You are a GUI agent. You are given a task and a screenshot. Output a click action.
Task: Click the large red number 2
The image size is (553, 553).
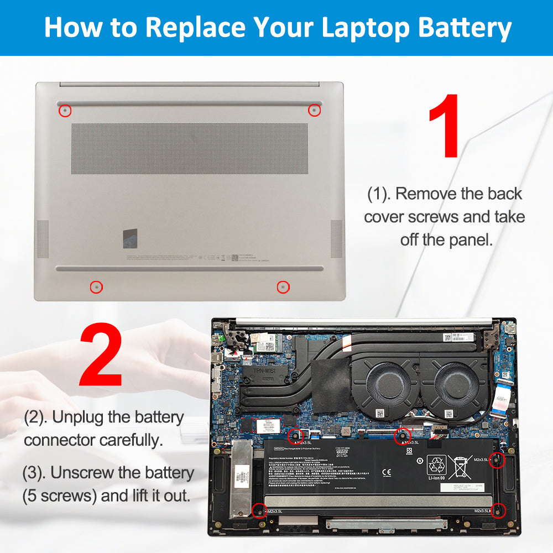pyautogui.click(x=101, y=356)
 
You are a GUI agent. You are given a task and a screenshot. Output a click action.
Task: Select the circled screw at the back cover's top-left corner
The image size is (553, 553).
pyautogui.click(x=65, y=111)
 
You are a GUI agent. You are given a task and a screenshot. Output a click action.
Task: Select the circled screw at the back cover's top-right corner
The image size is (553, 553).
pyautogui.click(x=314, y=110)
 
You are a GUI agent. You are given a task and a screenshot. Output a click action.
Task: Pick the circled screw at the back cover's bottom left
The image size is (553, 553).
pyautogui.click(x=96, y=287)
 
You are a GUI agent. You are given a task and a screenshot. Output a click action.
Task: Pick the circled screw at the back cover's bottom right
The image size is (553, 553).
pyautogui.click(x=283, y=287)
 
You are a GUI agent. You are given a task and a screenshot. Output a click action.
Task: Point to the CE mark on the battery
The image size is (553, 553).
pyautogui.click(x=386, y=472)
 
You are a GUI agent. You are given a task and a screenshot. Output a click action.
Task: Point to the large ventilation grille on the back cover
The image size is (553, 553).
pyautogui.click(x=189, y=149)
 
